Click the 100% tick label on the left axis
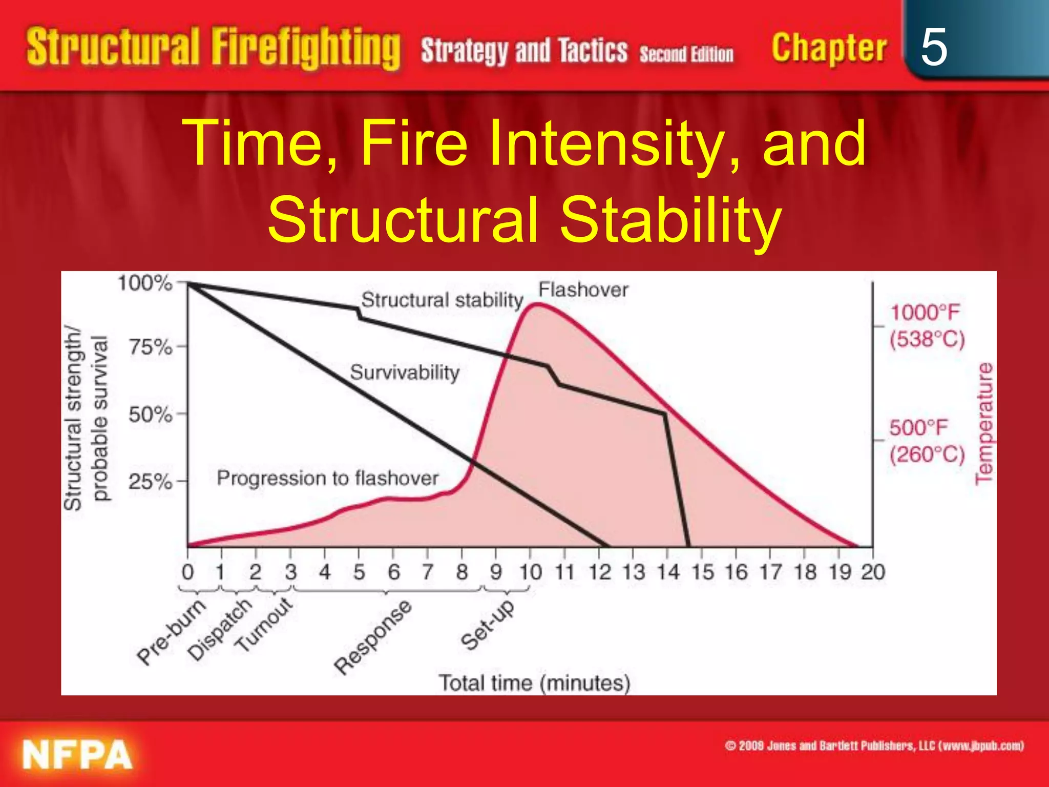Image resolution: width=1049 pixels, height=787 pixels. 145,283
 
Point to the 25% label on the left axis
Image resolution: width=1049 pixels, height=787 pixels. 150,482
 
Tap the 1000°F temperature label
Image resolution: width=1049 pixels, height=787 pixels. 925,313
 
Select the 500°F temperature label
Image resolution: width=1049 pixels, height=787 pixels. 919,428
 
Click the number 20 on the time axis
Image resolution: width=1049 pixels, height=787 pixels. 873,572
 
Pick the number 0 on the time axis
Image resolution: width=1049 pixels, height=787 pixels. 188,572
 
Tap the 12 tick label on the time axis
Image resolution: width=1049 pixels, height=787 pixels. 599,572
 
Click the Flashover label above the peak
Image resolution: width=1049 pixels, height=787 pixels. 583,290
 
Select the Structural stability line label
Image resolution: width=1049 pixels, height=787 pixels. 442,300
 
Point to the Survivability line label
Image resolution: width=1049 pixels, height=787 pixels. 405,372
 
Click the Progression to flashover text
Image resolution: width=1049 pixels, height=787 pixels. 328,478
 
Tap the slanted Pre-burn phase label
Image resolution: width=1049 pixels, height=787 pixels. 172,632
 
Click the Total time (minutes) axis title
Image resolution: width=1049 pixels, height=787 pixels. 534,683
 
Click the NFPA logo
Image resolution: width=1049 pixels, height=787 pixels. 77,755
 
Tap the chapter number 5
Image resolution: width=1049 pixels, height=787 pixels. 934,47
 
